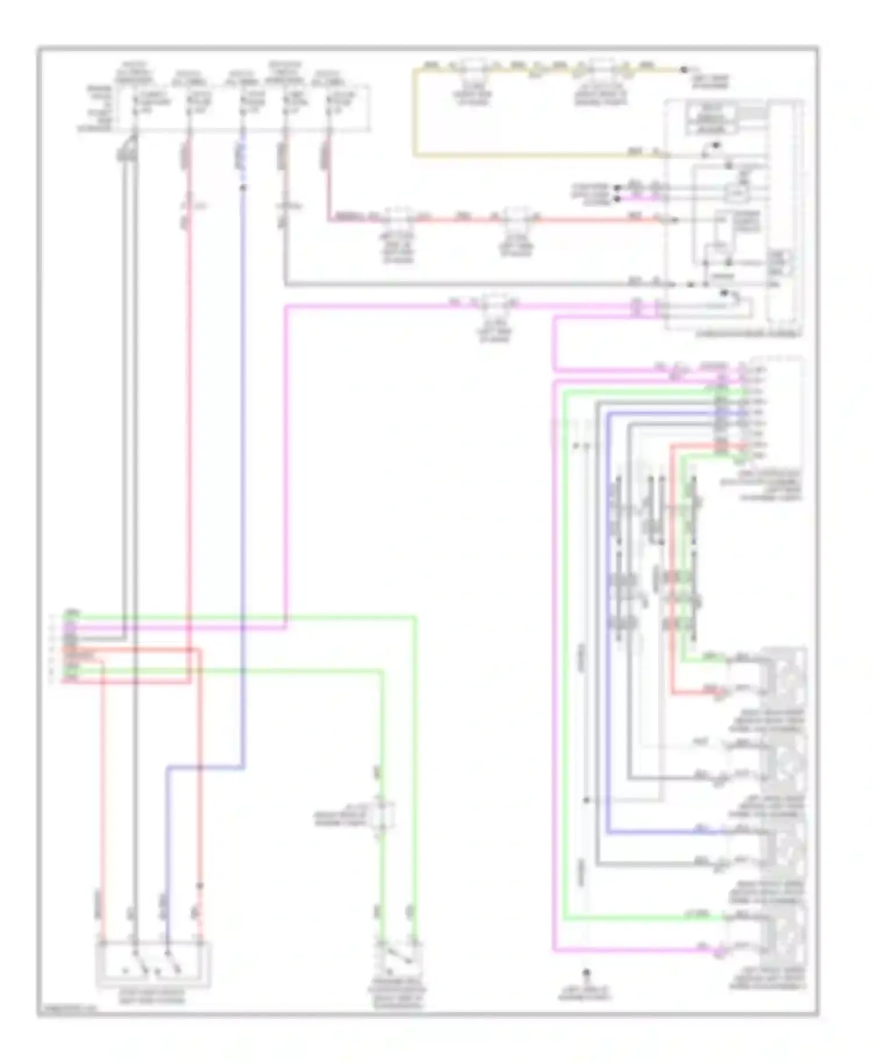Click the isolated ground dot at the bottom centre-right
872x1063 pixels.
[x=586, y=972]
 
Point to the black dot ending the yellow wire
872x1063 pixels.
[x=684, y=70]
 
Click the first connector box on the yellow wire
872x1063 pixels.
[x=474, y=70]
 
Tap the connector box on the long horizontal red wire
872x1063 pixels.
[x=516, y=220]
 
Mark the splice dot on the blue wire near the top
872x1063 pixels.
[x=243, y=187]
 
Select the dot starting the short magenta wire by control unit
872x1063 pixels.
[x=617, y=198]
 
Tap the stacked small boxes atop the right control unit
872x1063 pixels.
[x=712, y=118]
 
